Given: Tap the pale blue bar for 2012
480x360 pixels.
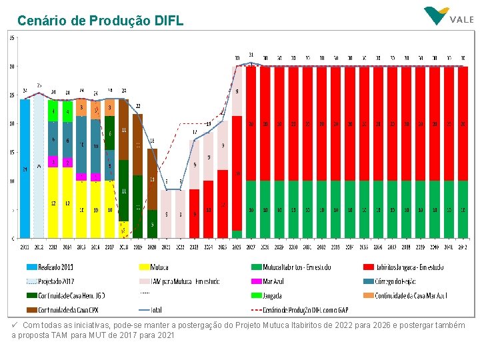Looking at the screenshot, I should tap(39, 167).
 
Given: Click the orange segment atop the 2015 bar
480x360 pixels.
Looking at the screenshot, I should tap(81, 107).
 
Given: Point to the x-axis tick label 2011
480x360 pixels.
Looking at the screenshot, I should tap(25, 247).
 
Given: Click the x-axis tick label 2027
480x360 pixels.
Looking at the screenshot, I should tap(251, 247).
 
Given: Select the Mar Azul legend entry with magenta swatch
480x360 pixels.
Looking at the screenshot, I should tap(273, 281).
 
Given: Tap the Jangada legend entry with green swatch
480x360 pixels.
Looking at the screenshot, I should tap(273, 295).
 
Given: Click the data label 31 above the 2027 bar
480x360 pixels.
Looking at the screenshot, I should tap(251, 54).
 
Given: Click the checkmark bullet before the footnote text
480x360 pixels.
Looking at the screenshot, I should tap(15, 325).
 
